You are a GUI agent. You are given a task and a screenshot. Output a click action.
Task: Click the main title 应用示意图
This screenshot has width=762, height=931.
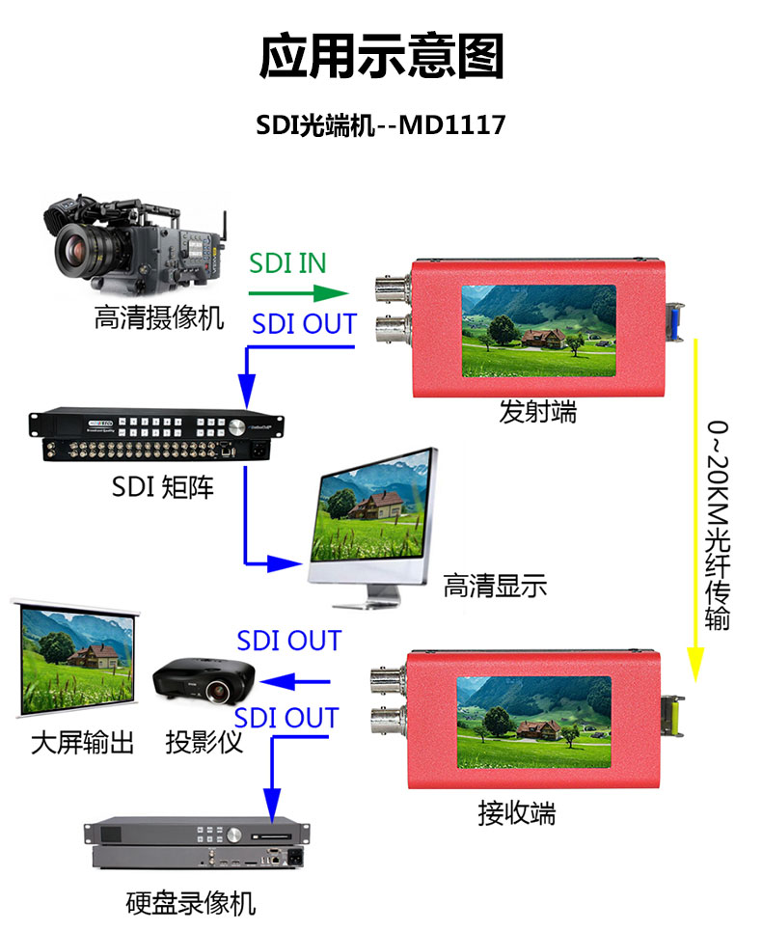pyautogui.click(x=381, y=57)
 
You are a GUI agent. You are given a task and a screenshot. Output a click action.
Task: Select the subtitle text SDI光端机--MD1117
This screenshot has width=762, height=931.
pyautogui.click(x=380, y=124)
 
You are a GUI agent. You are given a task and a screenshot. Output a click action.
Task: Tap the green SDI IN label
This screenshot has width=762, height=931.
pyautogui.click(x=287, y=263)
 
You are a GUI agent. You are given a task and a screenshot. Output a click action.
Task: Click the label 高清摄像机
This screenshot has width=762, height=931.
pyautogui.click(x=159, y=317)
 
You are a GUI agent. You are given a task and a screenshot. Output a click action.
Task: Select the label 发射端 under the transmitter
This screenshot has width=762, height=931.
pyautogui.click(x=537, y=411)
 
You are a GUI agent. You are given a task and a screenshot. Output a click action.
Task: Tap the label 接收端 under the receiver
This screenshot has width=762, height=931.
pyautogui.click(x=517, y=813)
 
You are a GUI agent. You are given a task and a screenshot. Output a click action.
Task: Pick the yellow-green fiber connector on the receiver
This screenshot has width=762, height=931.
pyautogui.click(x=673, y=716)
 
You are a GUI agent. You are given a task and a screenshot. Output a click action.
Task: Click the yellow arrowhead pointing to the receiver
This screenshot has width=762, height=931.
pyautogui.click(x=695, y=665)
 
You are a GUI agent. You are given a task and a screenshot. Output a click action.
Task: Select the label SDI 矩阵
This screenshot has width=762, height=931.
pyautogui.click(x=163, y=487)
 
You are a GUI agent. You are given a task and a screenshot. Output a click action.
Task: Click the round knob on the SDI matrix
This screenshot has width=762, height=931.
pyautogui.click(x=236, y=426)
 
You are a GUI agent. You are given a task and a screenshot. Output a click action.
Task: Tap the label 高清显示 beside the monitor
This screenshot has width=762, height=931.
pyautogui.click(x=495, y=586)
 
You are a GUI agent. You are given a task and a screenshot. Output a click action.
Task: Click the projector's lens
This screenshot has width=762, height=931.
pyautogui.click(x=218, y=691)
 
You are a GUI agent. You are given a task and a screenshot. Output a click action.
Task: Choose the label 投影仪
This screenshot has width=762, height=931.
pyautogui.click(x=204, y=742)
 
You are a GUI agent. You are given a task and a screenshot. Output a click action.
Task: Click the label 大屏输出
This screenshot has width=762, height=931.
pyautogui.click(x=83, y=742)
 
